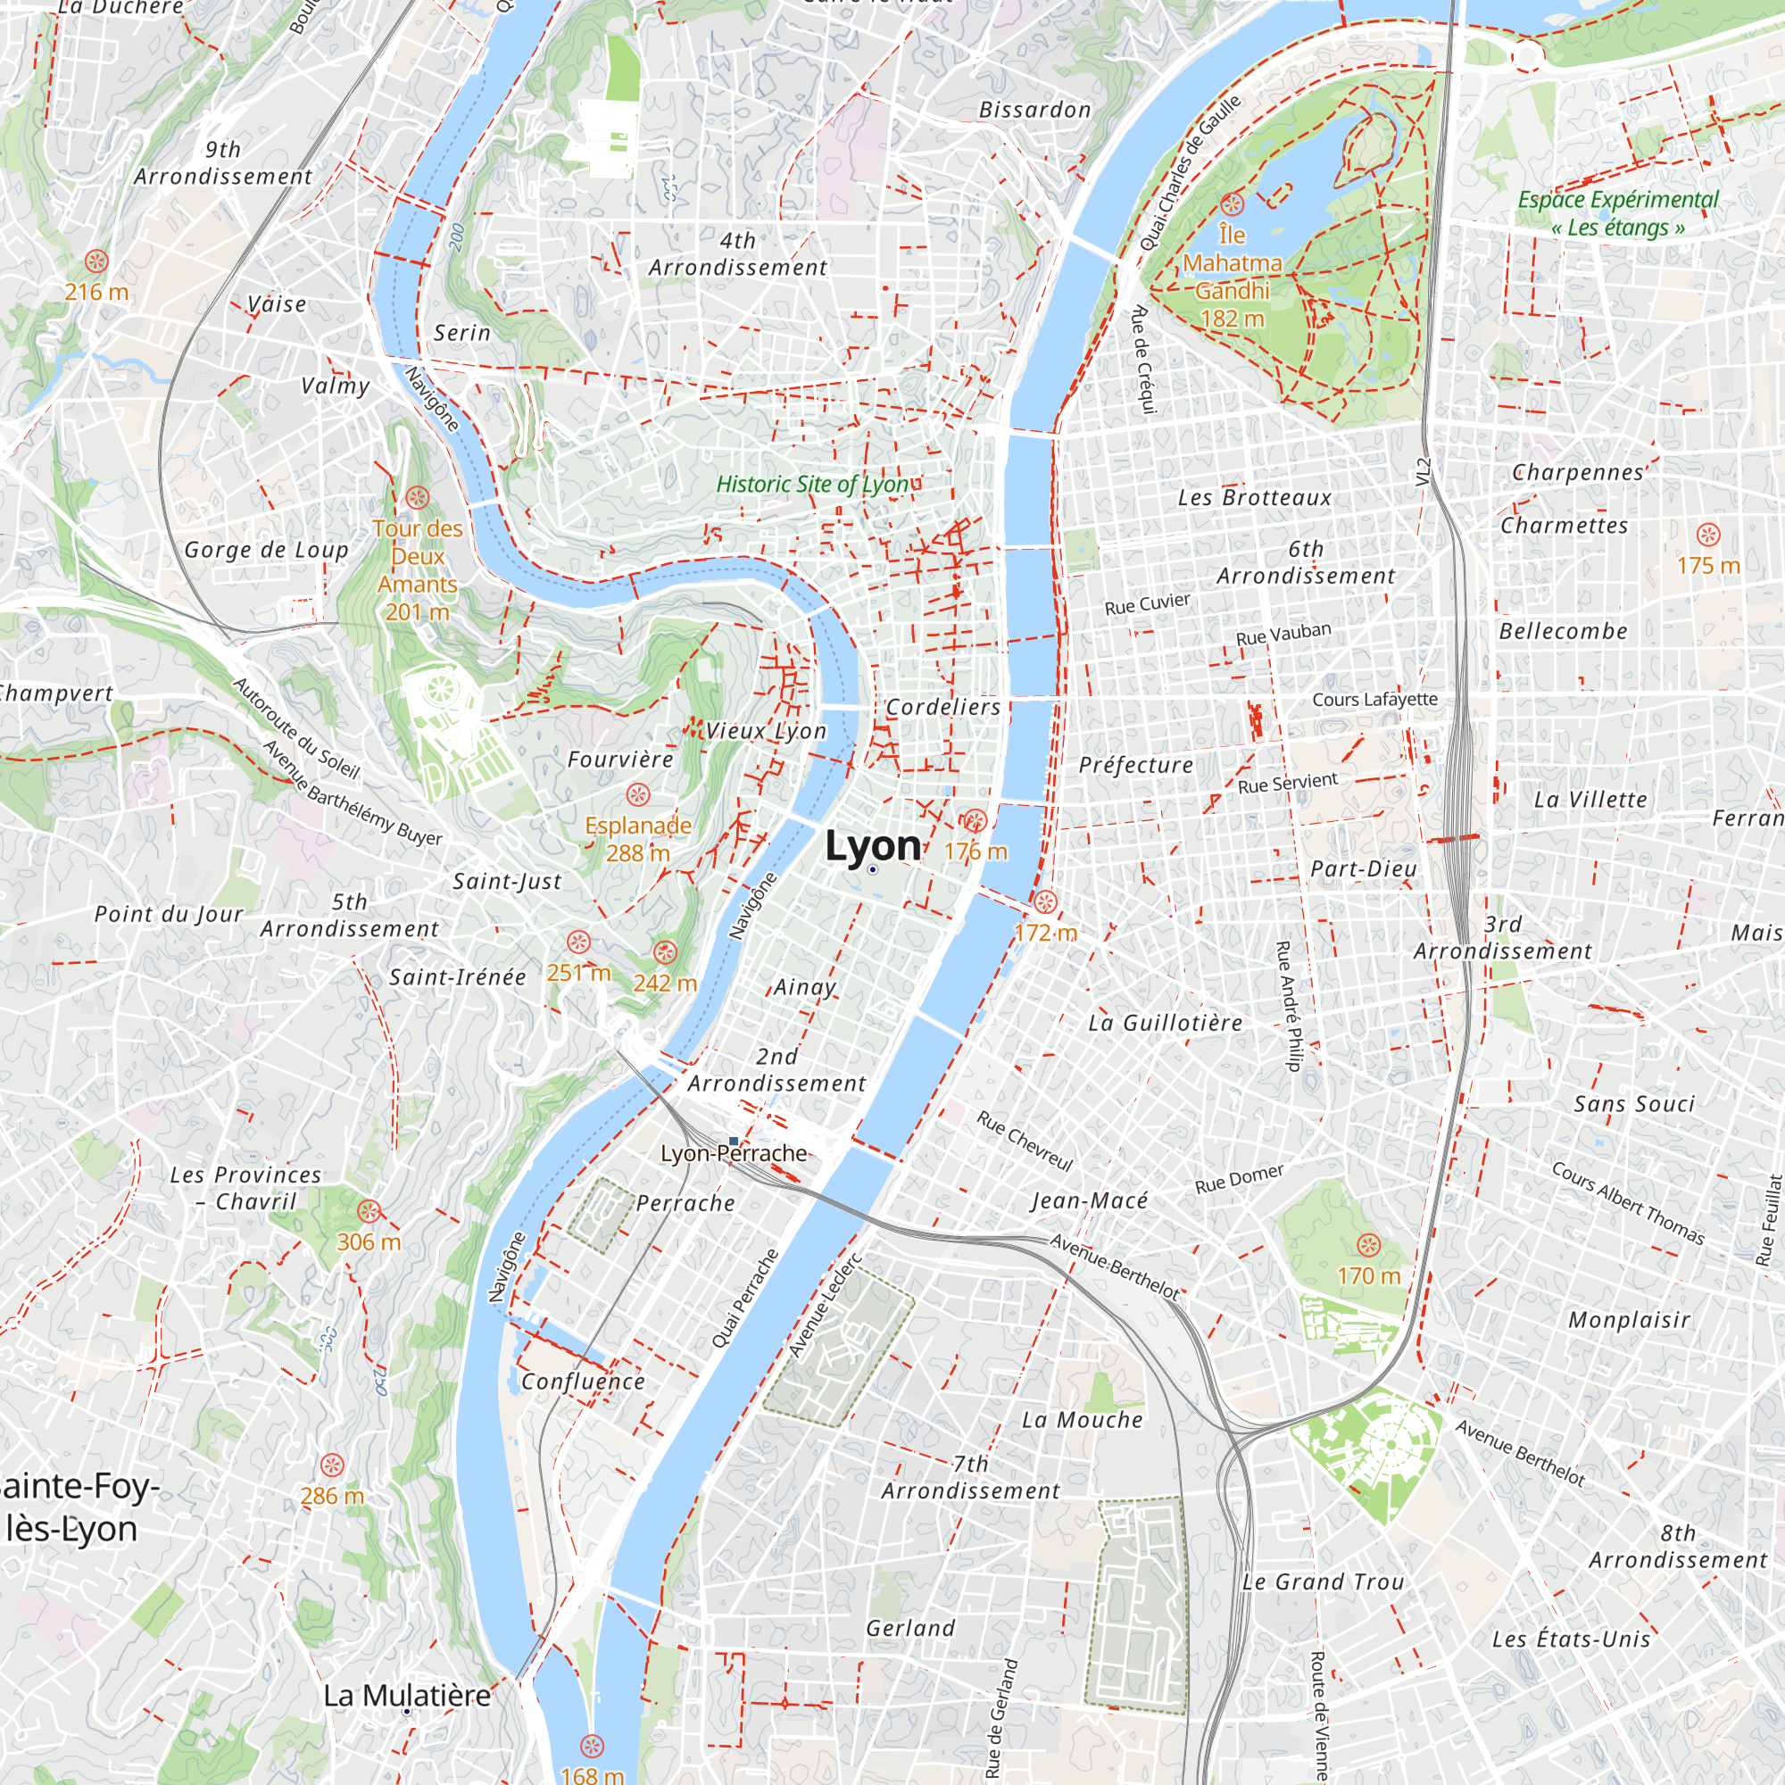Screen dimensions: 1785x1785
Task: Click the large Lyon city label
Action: click(x=872, y=845)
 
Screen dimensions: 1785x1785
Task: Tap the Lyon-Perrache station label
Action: click(x=734, y=1153)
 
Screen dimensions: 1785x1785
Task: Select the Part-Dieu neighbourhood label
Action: click(x=1363, y=868)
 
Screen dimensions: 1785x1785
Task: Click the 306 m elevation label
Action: click(x=369, y=1241)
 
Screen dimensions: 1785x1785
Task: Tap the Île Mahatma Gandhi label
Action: click(x=1232, y=277)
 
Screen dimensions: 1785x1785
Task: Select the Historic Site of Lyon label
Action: click(x=812, y=484)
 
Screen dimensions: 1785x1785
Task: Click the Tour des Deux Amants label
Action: click(x=418, y=569)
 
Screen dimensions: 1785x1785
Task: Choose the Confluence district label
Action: click(x=583, y=1382)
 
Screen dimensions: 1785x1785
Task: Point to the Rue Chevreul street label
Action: click(x=1024, y=1141)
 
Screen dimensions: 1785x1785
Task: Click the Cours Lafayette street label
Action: click(x=1374, y=700)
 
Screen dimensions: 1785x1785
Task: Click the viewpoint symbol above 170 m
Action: click(x=1368, y=1244)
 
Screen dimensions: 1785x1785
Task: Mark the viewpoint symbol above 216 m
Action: click(x=97, y=262)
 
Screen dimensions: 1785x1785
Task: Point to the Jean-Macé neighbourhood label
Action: click(x=1089, y=1200)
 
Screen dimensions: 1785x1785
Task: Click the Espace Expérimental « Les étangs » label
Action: click(x=1618, y=213)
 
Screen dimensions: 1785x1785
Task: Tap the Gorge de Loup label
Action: click(x=266, y=550)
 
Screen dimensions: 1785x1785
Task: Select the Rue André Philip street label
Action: click(x=1287, y=1005)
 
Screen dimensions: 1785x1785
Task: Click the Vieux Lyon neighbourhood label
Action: click(x=766, y=731)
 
